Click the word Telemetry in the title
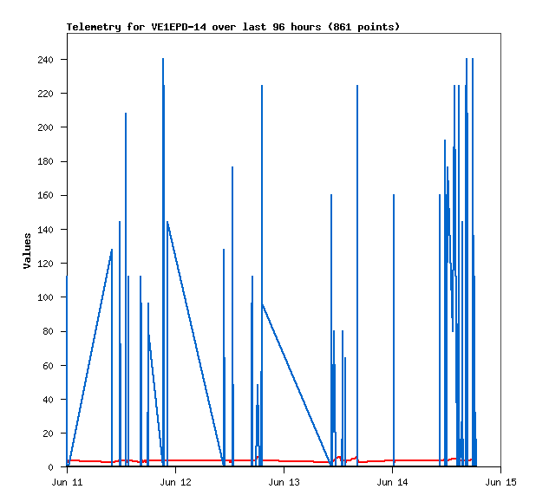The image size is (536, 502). tap(95, 27)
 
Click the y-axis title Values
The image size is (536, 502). tap(27, 251)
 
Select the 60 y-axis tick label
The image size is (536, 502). tap(49, 366)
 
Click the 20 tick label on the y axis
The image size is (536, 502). tap(49, 434)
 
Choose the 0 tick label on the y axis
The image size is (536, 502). tap(52, 467)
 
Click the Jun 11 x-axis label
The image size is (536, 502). tap(67, 481)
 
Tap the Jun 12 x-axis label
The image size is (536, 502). tap(175, 481)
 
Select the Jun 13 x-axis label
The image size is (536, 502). tap(284, 481)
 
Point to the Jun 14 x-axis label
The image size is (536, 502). tap(393, 481)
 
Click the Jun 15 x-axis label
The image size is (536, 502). tap(501, 481)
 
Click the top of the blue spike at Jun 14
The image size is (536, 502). tap(394, 195)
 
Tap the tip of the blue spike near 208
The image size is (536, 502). tap(126, 114)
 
